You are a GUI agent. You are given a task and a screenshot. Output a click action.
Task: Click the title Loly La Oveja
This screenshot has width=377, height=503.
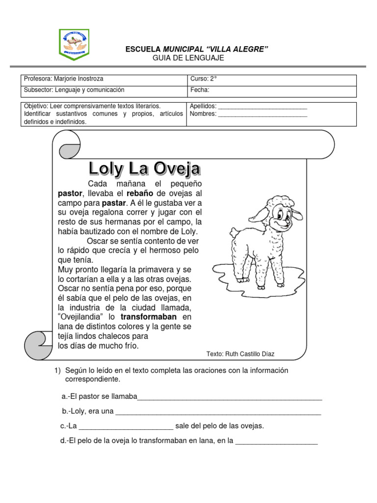point(144,169)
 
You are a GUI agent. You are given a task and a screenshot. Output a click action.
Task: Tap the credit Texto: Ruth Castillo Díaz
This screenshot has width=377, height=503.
point(241,354)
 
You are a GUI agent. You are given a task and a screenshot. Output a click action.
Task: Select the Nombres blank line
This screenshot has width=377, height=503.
point(262,114)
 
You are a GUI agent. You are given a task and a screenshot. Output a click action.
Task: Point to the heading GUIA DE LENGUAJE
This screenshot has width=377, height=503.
point(189,58)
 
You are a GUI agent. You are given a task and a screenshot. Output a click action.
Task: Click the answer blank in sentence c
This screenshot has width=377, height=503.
point(125,427)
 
